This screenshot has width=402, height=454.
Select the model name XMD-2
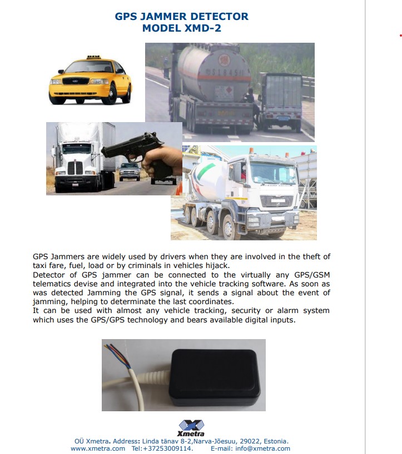tap(202, 28)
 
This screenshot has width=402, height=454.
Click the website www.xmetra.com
tap(98, 448)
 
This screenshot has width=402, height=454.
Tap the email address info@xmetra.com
tap(262, 448)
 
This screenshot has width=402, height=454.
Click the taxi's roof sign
tap(92, 57)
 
